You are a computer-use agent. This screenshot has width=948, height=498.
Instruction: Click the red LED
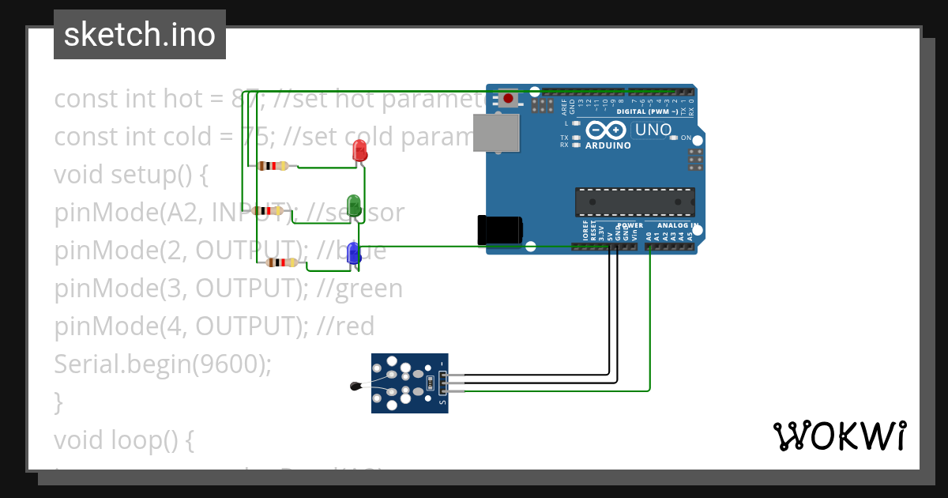(x=359, y=151)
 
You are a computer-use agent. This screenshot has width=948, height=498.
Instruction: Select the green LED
(x=355, y=206)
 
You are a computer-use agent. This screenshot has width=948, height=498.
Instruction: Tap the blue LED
(x=354, y=253)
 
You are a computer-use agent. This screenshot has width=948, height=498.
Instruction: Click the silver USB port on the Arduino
(x=496, y=133)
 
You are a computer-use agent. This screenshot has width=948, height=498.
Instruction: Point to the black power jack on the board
(x=499, y=230)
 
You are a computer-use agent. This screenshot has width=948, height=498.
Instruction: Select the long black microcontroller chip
(x=634, y=202)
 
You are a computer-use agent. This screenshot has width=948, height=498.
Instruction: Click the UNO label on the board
(x=653, y=130)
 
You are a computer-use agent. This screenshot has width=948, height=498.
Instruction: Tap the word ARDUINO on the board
(x=608, y=145)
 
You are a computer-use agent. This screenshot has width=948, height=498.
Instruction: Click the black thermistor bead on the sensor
(x=355, y=386)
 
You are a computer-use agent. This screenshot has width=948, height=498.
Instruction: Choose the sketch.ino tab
(x=140, y=35)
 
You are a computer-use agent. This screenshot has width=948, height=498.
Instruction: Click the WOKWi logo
(x=839, y=436)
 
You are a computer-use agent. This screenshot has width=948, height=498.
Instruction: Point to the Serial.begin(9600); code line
(x=163, y=364)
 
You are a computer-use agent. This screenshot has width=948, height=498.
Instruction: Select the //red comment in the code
(x=344, y=326)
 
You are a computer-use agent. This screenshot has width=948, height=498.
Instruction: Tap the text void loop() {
(x=123, y=440)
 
